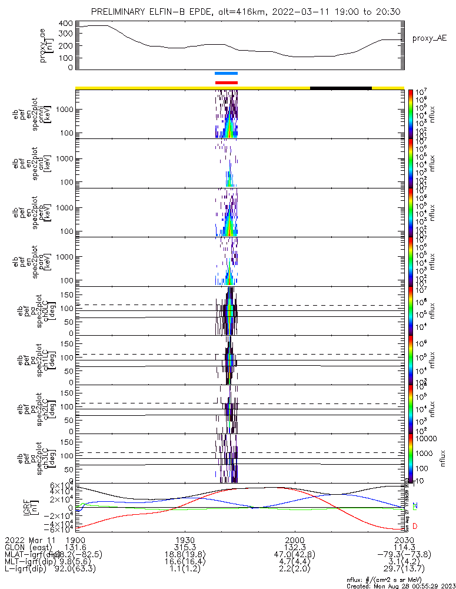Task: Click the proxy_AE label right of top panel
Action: [428, 38]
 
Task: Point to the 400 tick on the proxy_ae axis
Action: [65, 24]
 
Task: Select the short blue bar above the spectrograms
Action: [227, 74]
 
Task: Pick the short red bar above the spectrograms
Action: [227, 82]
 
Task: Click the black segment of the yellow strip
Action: [341, 88]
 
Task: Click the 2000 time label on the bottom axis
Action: [294, 540]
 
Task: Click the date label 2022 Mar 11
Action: [29, 540]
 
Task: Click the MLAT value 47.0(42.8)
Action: [294, 554]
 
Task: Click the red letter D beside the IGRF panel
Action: [415, 526]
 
